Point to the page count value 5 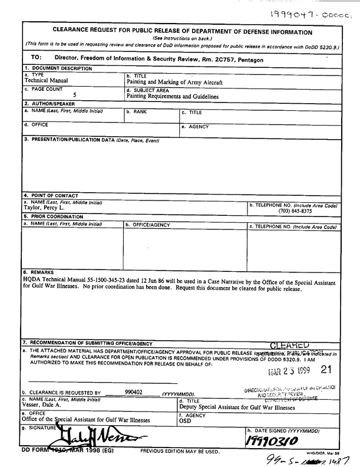[74, 95]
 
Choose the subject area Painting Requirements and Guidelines [173, 96]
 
